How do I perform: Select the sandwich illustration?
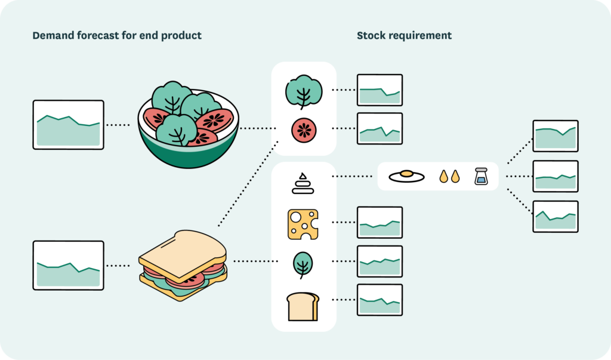(x=183, y=265)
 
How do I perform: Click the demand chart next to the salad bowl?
(x=69, y=124)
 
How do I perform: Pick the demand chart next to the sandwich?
(x=69, y=265)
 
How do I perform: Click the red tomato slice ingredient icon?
(x=304, y=130)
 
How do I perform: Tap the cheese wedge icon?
(x=303, y=224)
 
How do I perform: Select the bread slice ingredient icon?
(x=303, y=306)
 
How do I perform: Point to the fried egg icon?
(x=406, y=176)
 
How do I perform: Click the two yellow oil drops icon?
(x=449, y=176)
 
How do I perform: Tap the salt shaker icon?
(x=482, y=176)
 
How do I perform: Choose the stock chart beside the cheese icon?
(x=379, y=223)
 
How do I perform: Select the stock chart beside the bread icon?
(x=379, y=300)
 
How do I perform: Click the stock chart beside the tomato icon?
(x=379, y=128)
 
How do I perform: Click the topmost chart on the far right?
(x=555, y=136)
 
